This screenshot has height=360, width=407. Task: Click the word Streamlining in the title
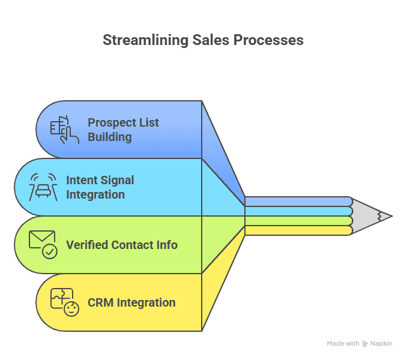pyautogui.click(x=143, y=40)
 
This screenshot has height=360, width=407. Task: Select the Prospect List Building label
pyautogui.click(x=123, y=129)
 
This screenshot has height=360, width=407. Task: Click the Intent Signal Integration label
pyautogui.click(x=100, y=187)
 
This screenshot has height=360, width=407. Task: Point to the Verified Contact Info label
pyautogui.click(x=122, y=245)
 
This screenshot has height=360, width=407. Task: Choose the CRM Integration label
pyautogui.click(x=131, y=302)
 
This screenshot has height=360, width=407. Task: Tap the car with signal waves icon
pyautogui.click(x=43, y=187)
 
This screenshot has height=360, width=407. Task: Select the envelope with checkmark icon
pyautogui.click(x=43, y=245)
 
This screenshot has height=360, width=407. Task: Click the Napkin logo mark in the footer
pyautogui.click(x=366, y=344)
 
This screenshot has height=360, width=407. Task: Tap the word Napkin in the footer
pyautogui.click(x=382, y=344)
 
